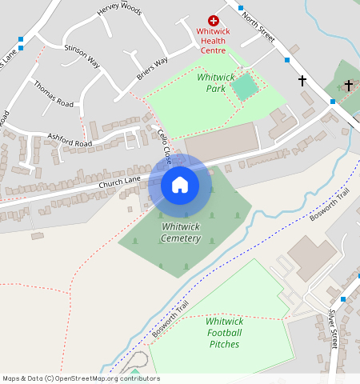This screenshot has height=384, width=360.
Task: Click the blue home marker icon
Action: click(180, 186)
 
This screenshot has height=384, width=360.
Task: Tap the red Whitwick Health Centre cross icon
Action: click(214, 20)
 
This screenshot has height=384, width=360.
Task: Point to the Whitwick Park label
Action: click(215, 83)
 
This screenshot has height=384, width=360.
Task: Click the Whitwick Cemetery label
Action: click(180, 233)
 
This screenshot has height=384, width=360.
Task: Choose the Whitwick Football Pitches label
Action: click(225, 332)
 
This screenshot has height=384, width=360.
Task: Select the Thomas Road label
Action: click(54, 94)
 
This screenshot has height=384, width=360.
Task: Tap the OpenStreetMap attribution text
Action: click(81, 378)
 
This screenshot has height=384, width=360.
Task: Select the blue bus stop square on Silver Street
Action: click(342, 298)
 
